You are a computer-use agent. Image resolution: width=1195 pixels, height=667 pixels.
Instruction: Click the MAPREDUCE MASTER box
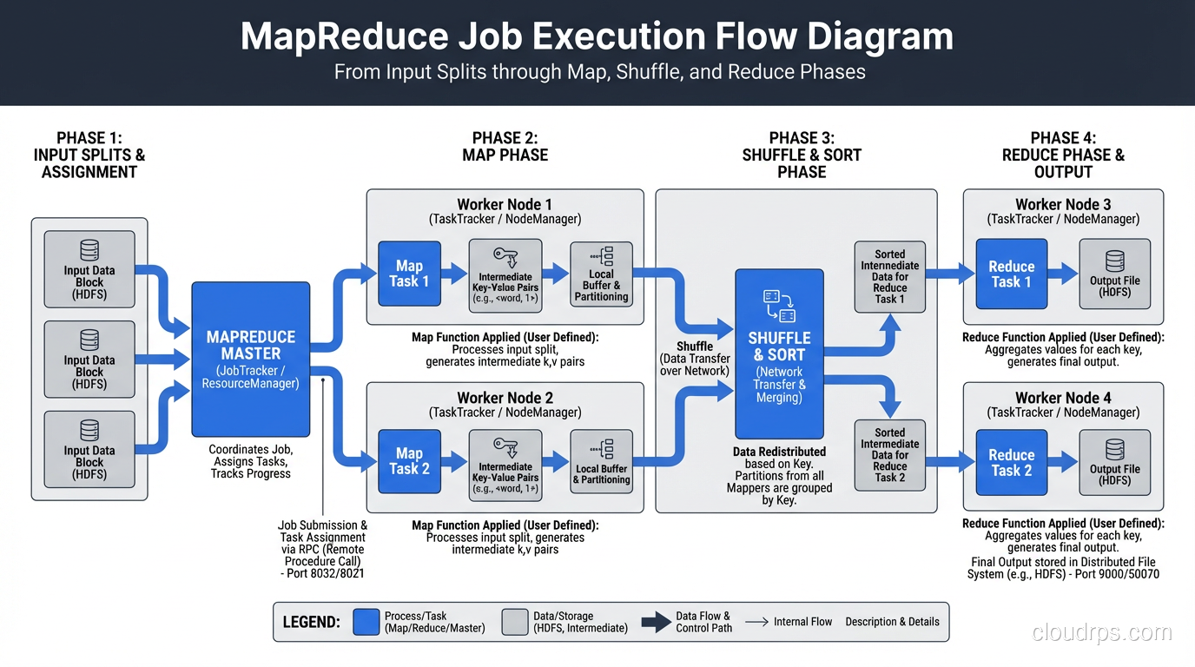pos(250,359)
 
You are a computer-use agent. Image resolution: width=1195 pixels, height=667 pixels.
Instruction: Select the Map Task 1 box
pos(409,274)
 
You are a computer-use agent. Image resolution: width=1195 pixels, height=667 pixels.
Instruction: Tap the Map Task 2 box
pos(409,460)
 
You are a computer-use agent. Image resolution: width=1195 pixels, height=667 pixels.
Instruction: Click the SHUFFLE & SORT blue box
pos(779,353)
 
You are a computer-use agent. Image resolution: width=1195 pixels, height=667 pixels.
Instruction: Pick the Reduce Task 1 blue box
pos(1011,274)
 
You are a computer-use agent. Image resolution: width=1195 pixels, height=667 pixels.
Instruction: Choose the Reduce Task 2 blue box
pos(1011,462)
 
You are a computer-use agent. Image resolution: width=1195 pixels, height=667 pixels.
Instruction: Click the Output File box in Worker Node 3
pos(1114,274)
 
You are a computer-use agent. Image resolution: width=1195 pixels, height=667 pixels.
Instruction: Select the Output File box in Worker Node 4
pos(1114,462)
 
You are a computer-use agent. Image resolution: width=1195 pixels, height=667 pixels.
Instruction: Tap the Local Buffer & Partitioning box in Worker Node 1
pos(601,274)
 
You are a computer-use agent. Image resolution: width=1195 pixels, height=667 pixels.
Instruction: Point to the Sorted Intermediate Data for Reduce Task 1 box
pos(889,277)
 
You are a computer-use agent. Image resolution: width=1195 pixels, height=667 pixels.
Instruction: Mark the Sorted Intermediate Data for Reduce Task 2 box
pos(889,454)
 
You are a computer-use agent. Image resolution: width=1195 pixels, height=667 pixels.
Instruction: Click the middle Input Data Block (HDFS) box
pos(89,359)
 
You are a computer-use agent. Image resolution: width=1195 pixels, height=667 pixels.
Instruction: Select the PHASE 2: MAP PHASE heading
pos(505,147)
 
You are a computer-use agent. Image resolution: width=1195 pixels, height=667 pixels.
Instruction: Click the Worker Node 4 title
pos(1063,398)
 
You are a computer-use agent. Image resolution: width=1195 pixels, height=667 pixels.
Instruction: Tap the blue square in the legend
pos(366,622)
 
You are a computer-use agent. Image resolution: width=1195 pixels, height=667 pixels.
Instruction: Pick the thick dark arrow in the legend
pos(655,622)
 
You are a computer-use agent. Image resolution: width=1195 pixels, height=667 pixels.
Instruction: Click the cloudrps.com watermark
pos(1102,632)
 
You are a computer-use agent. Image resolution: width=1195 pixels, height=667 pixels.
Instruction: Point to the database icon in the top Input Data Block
pos(89,250)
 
